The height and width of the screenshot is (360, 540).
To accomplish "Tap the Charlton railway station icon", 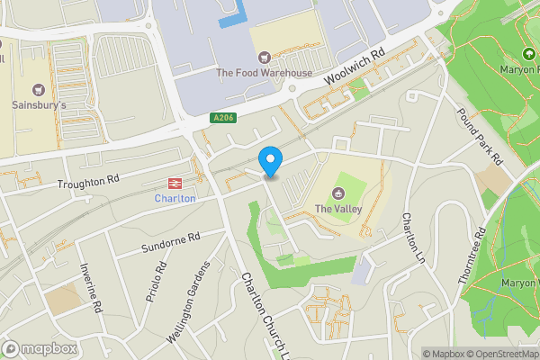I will click(175, 182).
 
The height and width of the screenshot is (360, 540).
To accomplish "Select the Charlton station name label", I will click(175, 198).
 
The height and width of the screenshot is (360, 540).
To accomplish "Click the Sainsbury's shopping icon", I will click(38, 89).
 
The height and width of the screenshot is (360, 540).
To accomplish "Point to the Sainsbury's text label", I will click(38, 105).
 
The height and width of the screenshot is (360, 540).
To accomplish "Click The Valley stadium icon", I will click(338, 193).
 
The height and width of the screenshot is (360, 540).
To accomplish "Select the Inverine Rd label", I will click(90, 287).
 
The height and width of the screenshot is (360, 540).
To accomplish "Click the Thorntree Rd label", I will click(472, 256).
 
